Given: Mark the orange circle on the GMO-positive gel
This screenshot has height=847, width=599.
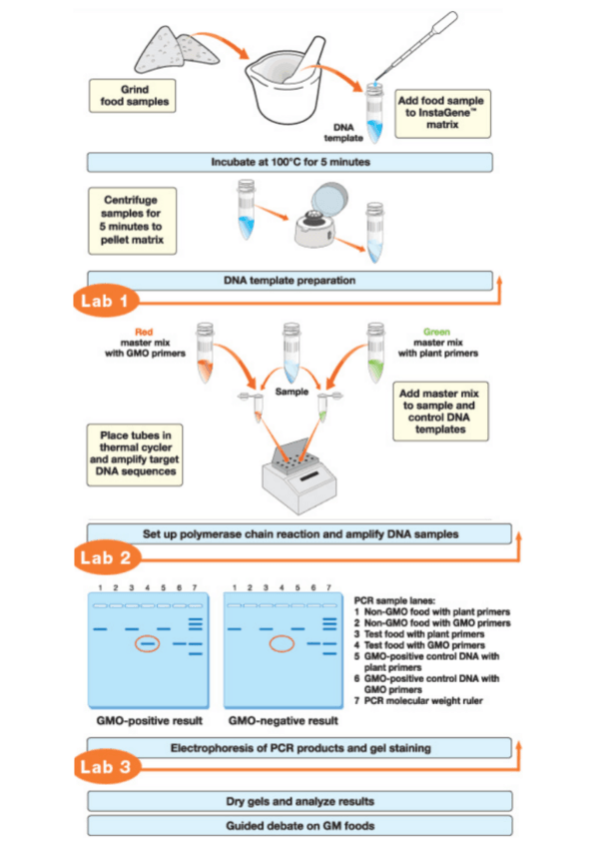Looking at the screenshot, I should click(x=148, y=644).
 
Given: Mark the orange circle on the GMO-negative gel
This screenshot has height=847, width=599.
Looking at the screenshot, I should click(x=283, y=644).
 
